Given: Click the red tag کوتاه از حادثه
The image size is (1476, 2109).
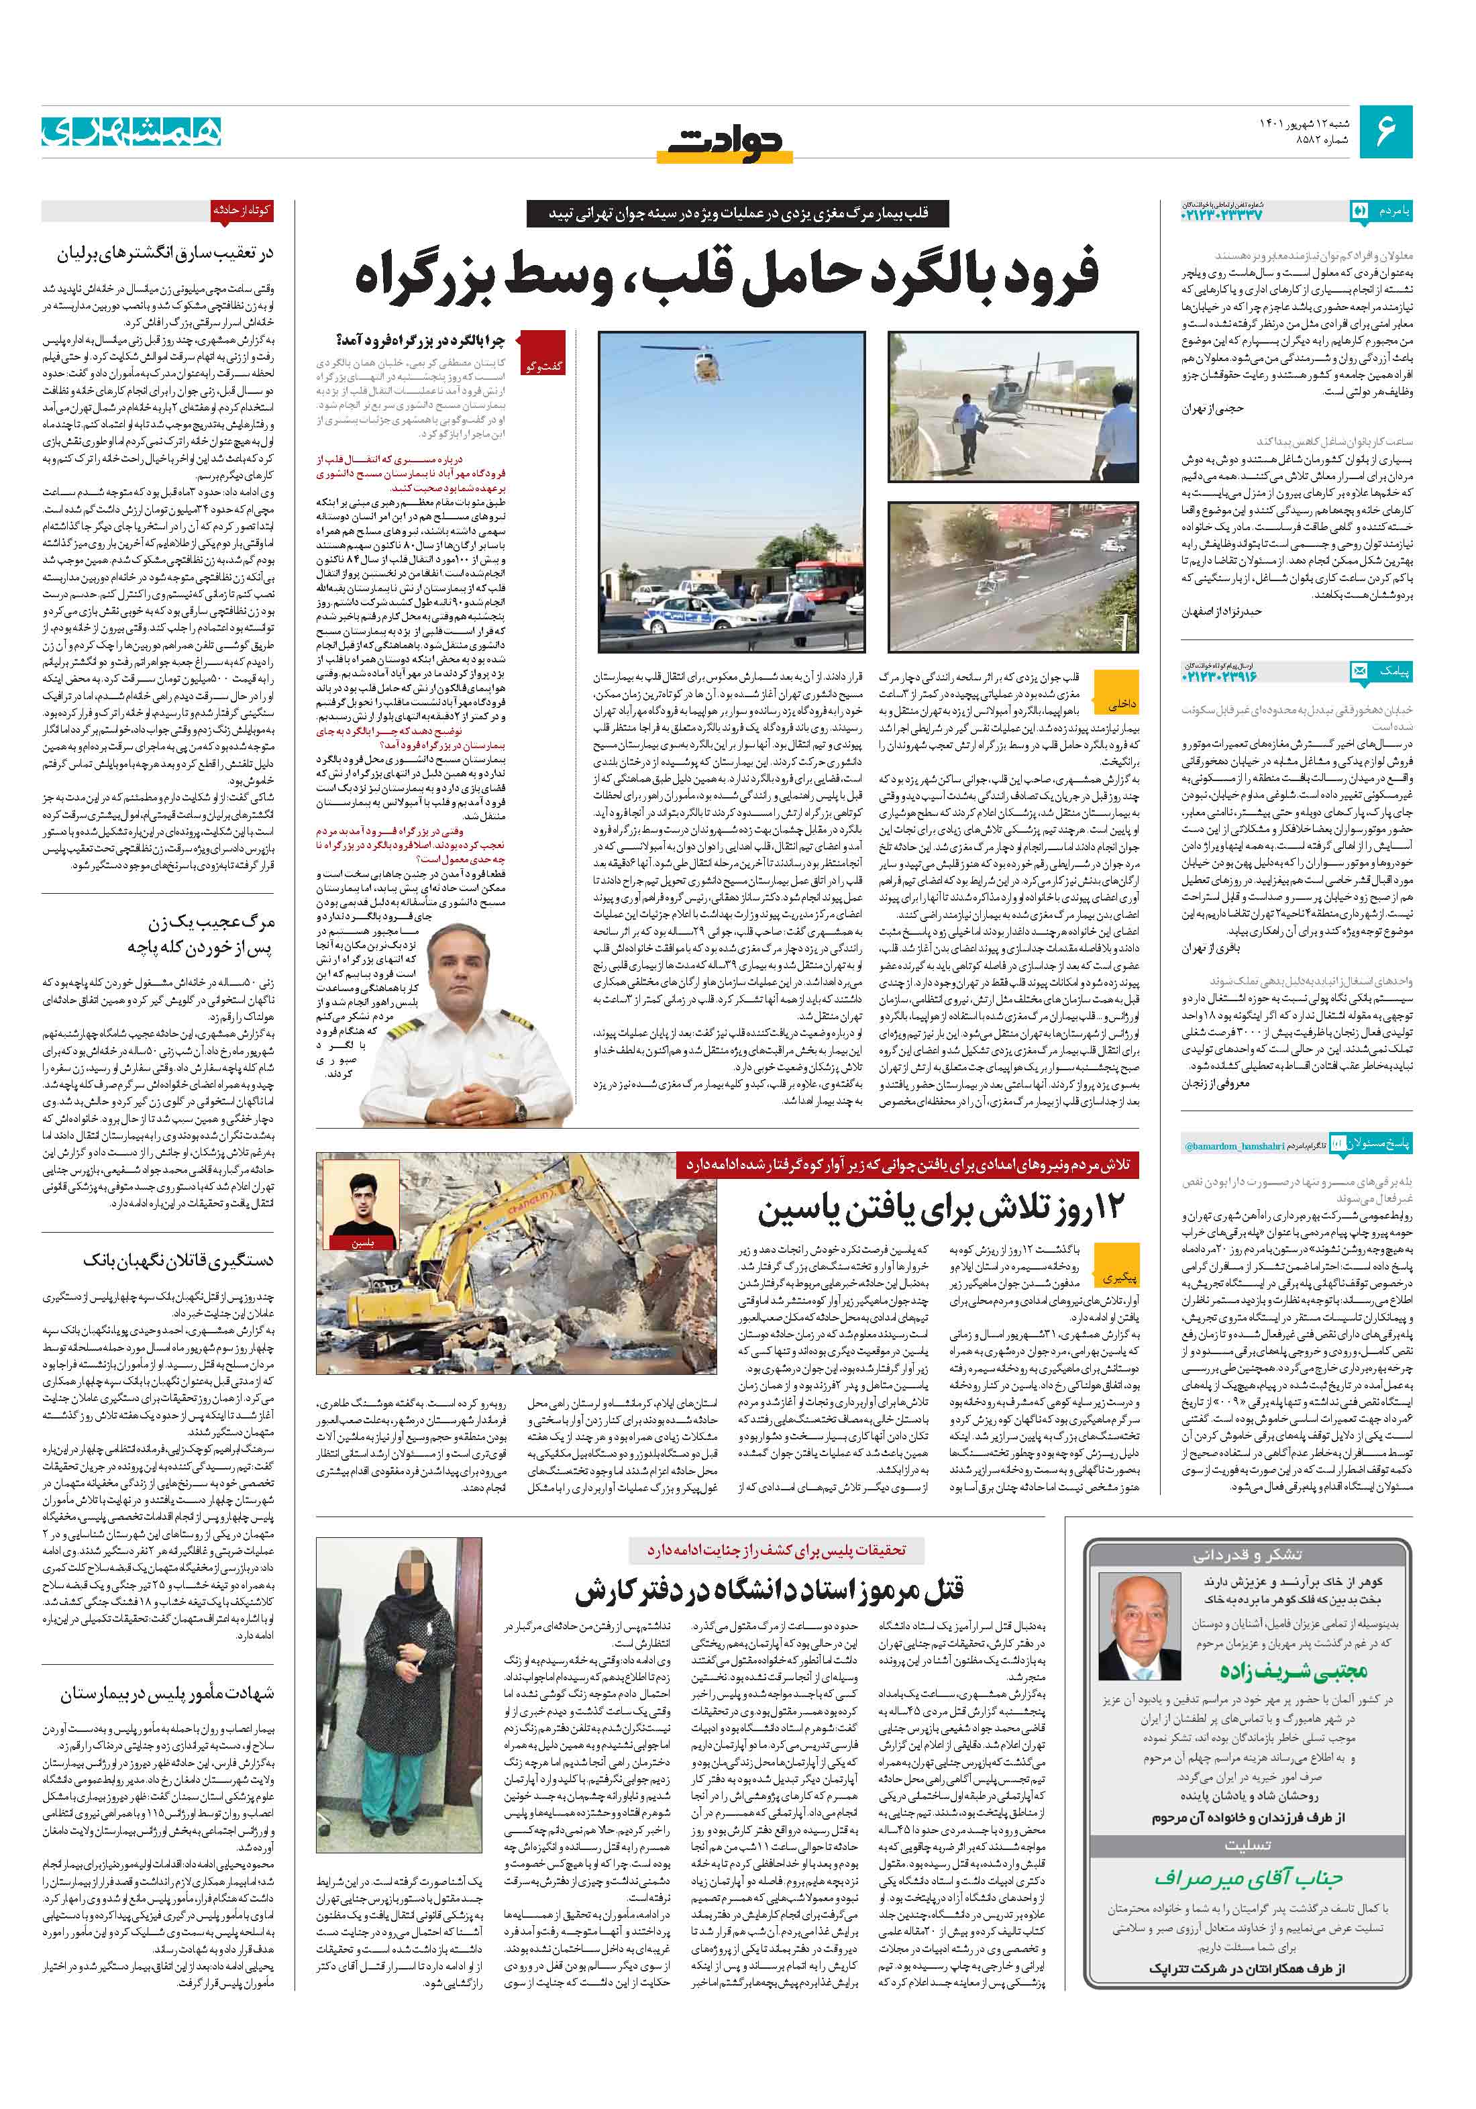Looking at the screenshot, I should (x=242, y=209).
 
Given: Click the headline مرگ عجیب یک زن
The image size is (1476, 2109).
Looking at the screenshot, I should (x=211, y=921).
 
